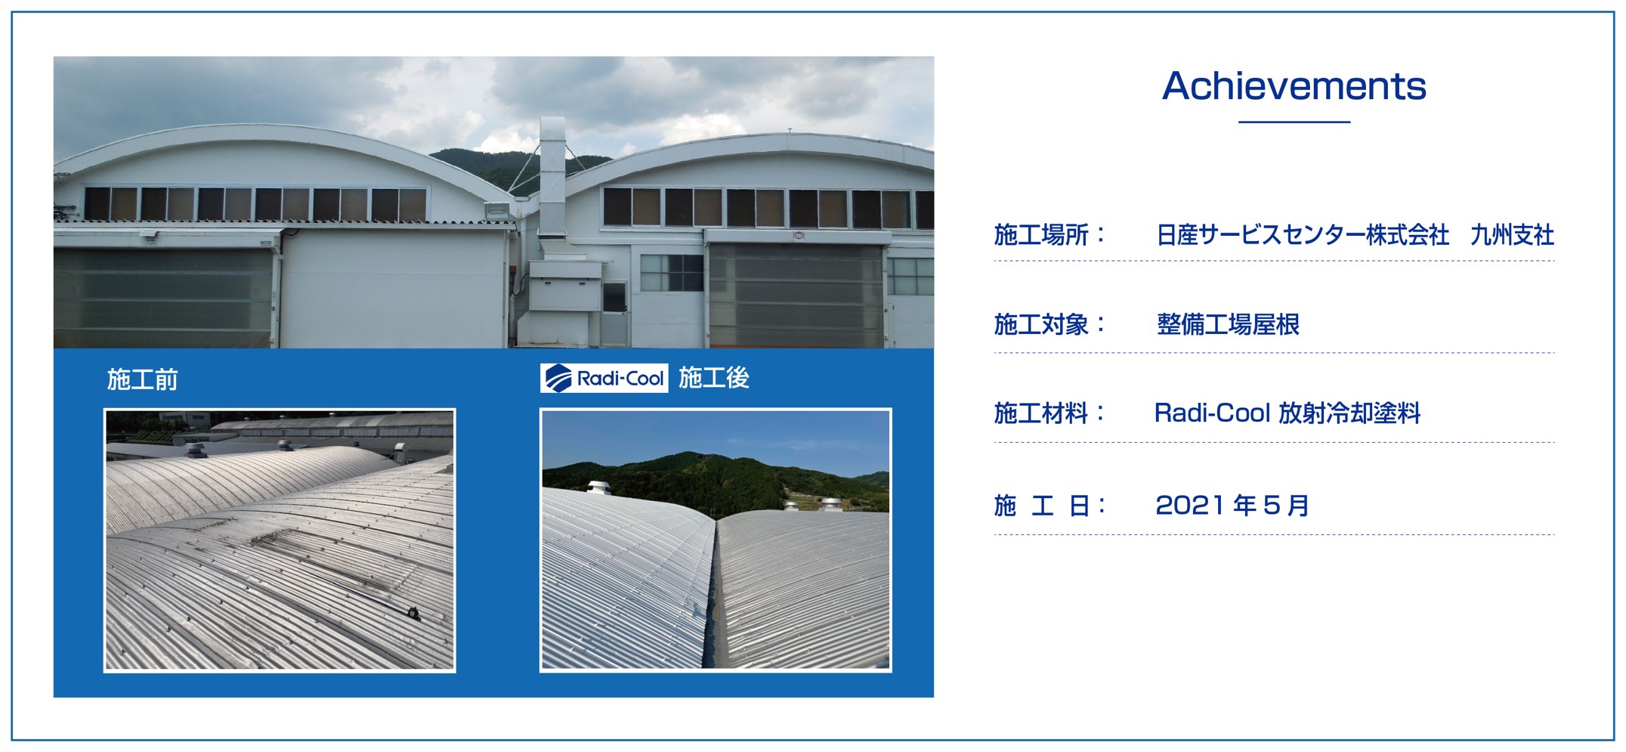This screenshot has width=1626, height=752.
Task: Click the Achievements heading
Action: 1294,85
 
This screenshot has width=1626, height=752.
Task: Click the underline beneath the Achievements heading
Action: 1294,122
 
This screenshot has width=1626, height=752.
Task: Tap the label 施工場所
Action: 1041,235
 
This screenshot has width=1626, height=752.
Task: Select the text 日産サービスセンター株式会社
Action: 1303,235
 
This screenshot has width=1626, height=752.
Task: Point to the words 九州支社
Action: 1512,235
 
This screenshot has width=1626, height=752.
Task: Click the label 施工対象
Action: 1041,324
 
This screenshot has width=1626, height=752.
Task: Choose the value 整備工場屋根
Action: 1228,324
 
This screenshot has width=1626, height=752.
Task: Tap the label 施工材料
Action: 1041,413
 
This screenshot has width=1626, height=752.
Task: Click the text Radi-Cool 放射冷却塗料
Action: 1288,413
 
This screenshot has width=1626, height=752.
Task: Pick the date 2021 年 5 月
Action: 1232,505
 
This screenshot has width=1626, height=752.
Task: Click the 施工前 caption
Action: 142,379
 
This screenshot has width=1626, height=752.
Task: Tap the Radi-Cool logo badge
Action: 604,378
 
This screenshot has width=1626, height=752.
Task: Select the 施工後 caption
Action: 713,377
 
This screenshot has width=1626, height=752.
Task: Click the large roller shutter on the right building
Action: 796,295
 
